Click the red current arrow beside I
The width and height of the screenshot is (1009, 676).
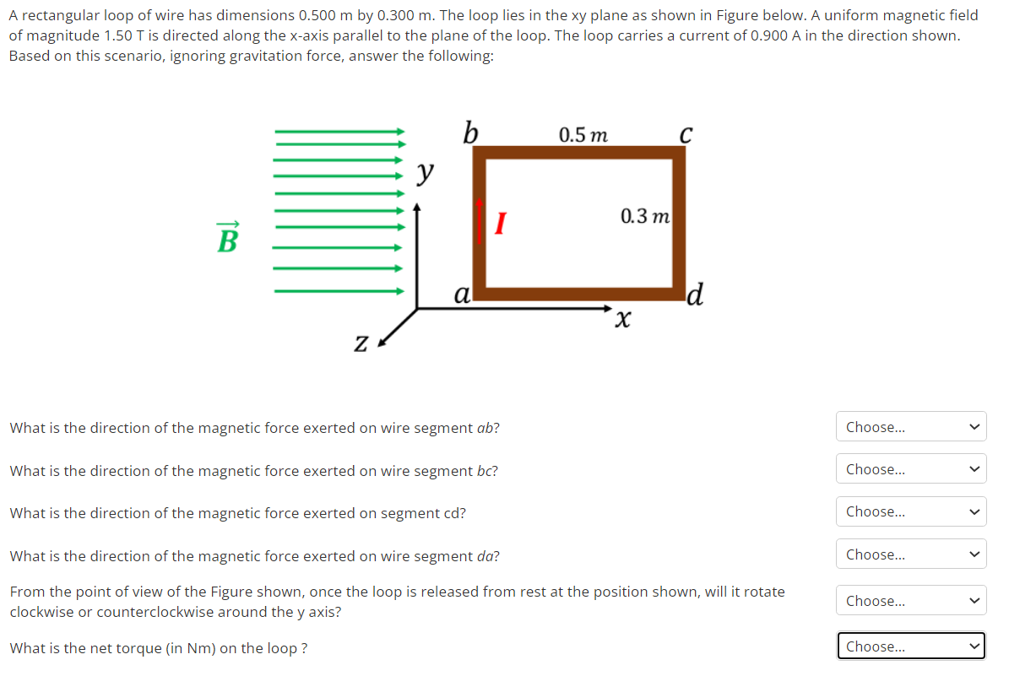pos(480,221)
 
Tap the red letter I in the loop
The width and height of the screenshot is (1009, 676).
pos(500,224)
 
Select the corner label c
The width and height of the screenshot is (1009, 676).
pos(686,134)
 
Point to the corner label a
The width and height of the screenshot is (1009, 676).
pos(461,294)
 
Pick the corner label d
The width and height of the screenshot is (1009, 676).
pos(695,295)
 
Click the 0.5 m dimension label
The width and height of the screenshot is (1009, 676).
pos(583,134)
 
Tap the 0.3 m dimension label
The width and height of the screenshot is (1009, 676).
pos(645,216)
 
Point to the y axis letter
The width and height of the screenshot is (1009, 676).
pos(427,174)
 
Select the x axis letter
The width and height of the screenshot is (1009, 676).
pos(623,320)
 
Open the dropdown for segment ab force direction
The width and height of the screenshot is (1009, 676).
pos(912,427)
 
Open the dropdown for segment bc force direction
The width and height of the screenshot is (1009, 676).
pos(912,469)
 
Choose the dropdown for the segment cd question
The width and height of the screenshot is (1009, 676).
pos(912,511)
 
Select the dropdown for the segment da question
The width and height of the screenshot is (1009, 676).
pos(912,554)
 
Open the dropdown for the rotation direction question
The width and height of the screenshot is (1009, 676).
pos(912,601)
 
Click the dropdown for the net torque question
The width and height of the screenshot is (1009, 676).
pos(912,646)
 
